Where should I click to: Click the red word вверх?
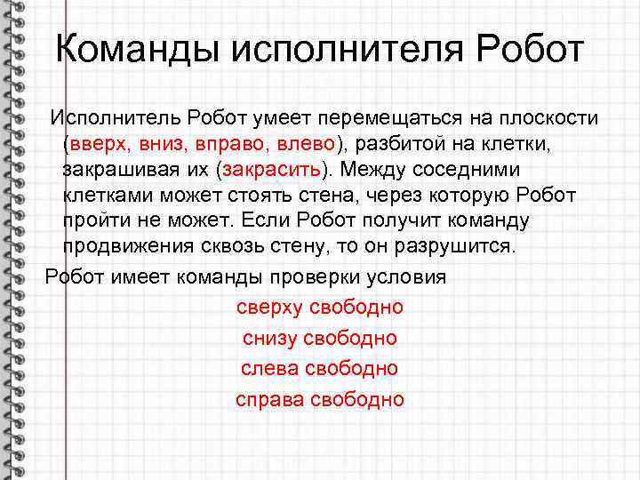[97, 143]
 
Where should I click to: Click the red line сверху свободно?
[319, 307]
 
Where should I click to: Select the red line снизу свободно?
[319, 338]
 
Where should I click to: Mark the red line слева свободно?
[319, 368]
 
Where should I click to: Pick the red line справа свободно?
[319, 399]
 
